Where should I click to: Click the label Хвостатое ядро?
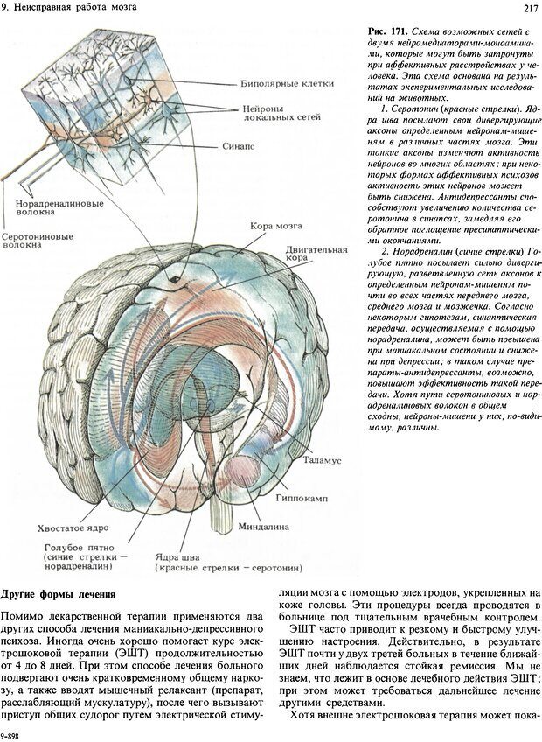[71, 528]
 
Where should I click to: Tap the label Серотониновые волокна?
[38, 241]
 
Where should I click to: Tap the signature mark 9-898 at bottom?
[10, 736]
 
